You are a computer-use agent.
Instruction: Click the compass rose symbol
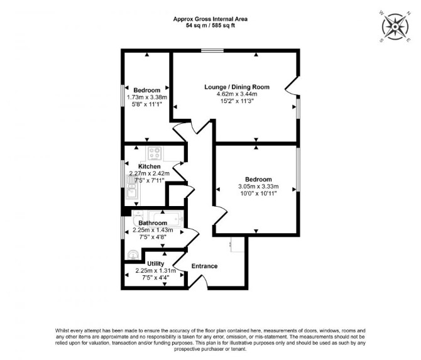tap(395, 27)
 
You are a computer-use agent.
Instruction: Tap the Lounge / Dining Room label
tap(237, 87)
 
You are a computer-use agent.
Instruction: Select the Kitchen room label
tap(150, 166)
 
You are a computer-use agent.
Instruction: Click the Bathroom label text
tap(153, 223)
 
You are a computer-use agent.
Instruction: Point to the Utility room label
tap(155, 263)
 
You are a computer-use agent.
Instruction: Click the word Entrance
tap(204, 266)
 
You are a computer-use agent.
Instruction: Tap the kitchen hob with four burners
tap(155, 153)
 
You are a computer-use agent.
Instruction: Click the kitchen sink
tap(131, 187)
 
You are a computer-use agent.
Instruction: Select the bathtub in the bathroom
tap(166, 219)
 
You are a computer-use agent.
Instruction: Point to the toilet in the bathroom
tap(137, 219)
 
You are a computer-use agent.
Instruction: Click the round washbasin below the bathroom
tap(133, 255)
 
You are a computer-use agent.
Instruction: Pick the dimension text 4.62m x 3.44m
tap(237, 94)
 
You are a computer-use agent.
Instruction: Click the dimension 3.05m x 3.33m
tap(258, 187)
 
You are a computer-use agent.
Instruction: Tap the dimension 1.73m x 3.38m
tap(147, 97)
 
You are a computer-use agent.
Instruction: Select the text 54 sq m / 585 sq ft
tap(210, 26)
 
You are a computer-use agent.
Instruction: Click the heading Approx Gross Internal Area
tap(210, 19)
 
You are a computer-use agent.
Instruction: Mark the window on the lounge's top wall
tap(212, 50)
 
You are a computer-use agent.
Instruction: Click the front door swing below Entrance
tap(198, 282)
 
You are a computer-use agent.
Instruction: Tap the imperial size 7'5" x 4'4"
tap(155, 278)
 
